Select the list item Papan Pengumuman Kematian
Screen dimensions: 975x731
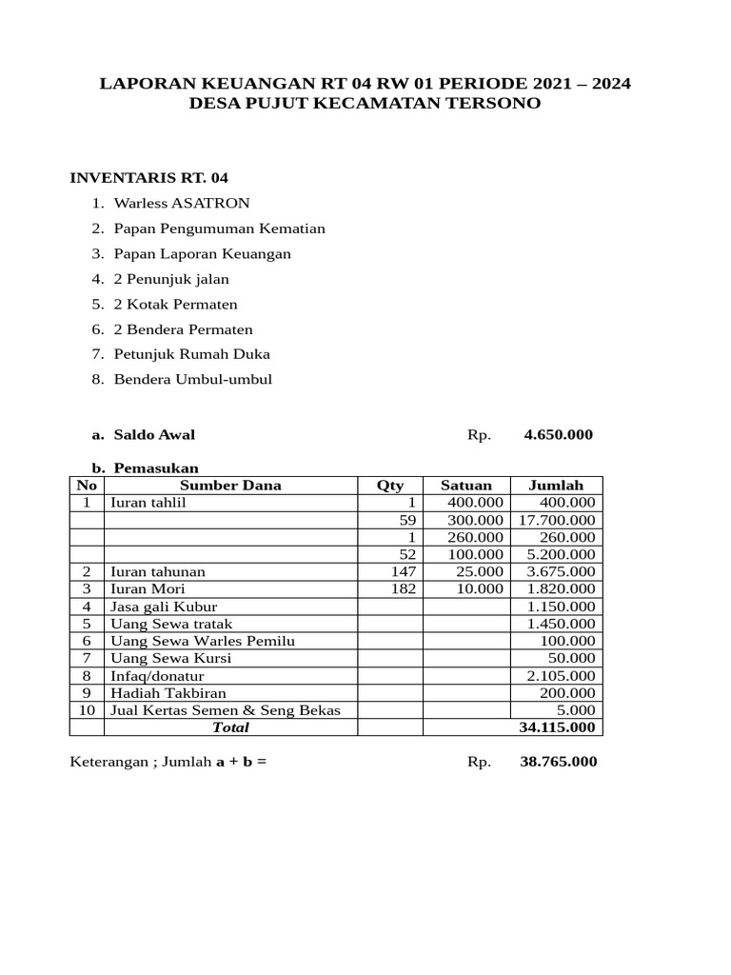[219, 229]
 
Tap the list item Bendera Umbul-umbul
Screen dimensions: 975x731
[192, 379]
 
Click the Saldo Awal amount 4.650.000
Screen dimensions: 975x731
[558, 435]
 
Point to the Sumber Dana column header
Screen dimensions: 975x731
[230, 486]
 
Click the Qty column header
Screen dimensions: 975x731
[390, 486]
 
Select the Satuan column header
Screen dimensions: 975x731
[466, 486]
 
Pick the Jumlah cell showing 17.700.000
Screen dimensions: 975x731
[557, 520]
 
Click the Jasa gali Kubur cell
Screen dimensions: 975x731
[164, 607]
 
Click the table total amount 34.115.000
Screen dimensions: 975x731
[557, 727]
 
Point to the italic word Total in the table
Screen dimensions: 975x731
[230, 727]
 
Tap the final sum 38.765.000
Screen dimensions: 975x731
[559, 763]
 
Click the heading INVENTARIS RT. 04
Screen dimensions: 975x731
[149, 178]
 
